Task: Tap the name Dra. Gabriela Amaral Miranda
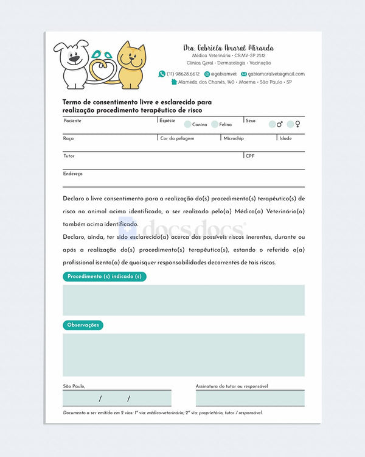tap(228, 48)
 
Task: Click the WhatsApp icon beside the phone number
tap(162, 74)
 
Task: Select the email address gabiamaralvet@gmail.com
tap(276, 74)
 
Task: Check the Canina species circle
tap(187, 124)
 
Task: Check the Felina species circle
tap(215, 124)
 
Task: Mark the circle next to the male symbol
tap(272, 124)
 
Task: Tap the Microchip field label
tap(234, 138)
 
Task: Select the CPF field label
tap(250, 156)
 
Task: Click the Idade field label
tap(285, 138)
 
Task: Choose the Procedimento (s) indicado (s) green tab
tap(105, 277)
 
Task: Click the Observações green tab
tap(83, 325)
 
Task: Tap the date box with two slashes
tap(116, 399)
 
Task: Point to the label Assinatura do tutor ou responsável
tap(232, 386)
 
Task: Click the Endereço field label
tap(72, 174)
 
